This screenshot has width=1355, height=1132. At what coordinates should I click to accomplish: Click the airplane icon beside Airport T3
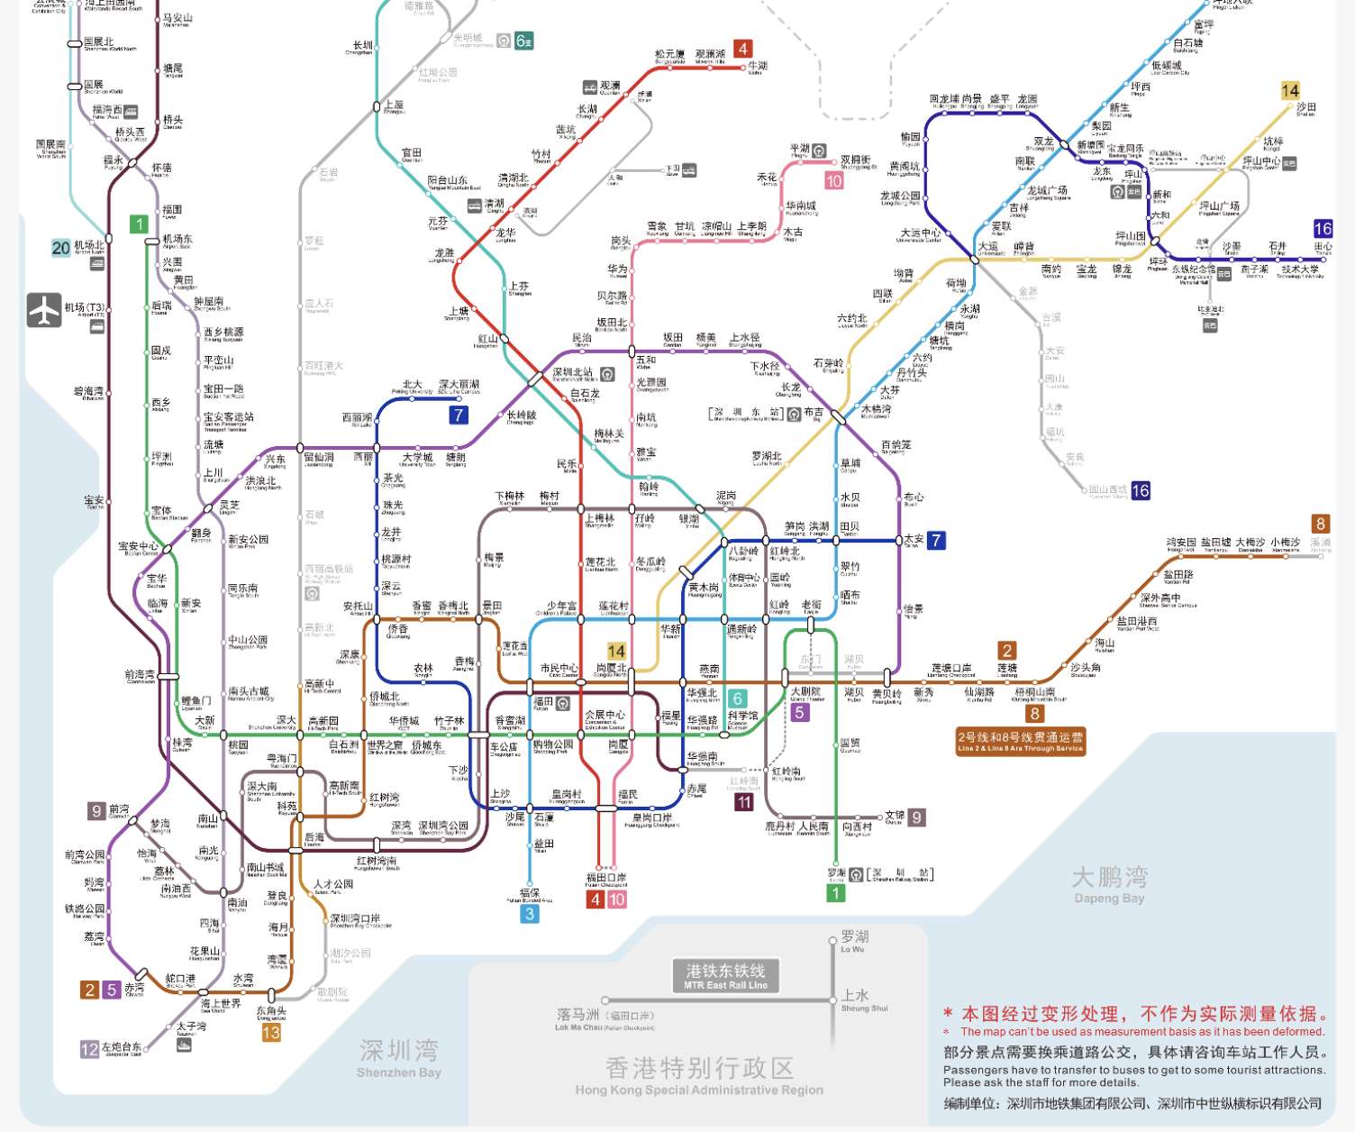(x=44, y=310)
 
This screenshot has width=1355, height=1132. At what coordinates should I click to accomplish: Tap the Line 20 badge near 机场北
(x=61, y=248)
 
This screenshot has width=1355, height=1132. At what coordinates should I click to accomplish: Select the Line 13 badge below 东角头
(x=271, y=1033)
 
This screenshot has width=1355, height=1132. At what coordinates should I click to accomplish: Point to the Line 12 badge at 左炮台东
(x=89, y=1049)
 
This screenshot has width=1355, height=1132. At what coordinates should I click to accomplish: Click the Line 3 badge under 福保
(x=530, y=914)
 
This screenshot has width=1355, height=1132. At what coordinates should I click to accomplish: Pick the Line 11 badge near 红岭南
(x=744, y=801)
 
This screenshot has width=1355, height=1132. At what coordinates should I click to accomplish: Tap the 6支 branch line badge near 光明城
(x=523, y=41)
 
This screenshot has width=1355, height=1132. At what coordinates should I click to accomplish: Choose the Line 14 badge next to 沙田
(x=1290, y=90)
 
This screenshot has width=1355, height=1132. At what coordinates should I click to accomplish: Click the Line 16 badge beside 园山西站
(x=1141, y=490)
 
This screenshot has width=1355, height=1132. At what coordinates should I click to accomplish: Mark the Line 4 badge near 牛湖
(x=742, y=49)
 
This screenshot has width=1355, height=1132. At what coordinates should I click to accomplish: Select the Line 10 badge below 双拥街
(x=834, y=180)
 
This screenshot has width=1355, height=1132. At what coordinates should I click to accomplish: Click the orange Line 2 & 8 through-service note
(x=1020, y=742)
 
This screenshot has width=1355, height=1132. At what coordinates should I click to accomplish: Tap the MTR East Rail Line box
(x=725, y=974)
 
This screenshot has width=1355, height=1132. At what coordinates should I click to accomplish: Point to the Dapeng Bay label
(x=1109, y=884)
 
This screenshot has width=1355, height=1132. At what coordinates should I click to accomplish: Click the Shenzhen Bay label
(x=398, y=1057)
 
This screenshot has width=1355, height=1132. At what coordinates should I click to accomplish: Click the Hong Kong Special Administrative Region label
(x=699, y=1077)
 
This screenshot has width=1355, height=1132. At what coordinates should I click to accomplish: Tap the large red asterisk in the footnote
(x=949, y=1014)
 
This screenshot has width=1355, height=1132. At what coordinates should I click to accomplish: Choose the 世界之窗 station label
(x=386, y=746)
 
